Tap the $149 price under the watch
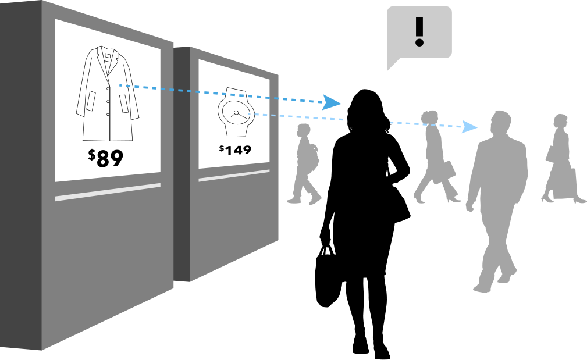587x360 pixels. click(236, 149)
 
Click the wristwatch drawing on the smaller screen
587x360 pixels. click(235, 112)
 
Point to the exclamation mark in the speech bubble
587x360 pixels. click(419, 31)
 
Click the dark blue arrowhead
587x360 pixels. click(332, 102)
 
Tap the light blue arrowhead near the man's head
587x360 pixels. click(469, 127)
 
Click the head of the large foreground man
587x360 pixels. click(500, 123)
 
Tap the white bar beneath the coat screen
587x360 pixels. click(108, 191)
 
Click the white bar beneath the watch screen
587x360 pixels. click(234, 175)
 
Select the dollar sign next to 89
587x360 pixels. click(92, 155)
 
